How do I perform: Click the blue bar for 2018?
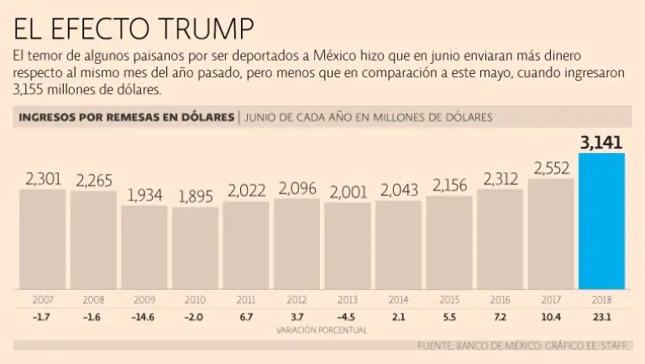point(601,220)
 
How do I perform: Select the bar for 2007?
point(43,239)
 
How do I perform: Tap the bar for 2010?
point(196,247)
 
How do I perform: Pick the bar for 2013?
point(348,245)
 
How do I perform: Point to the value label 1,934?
point(144,194)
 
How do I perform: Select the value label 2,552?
point(551,167)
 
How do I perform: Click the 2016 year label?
point(500,299)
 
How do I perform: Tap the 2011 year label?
point(246,299)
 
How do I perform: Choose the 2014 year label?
point(398,299)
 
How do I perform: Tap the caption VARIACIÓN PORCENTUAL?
point(322,330)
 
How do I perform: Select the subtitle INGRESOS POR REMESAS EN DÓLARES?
point(126,117)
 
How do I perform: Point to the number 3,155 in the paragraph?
point(31,89)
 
